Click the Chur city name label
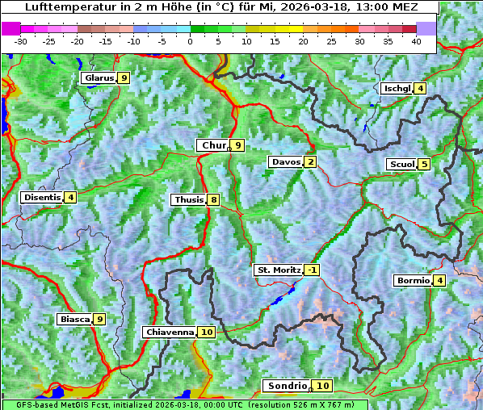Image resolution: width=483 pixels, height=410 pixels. tap(213, 145)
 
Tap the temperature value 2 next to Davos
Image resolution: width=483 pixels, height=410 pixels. tap(311, 162)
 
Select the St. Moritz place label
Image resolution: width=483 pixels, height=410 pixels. tap(279, 270)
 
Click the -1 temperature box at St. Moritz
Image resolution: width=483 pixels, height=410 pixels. tap(312, 270)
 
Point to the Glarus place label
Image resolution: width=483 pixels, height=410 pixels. tap(99, 78)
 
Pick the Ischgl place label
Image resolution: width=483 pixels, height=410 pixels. tap(397, 88)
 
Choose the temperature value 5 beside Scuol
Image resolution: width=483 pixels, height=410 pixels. tap(424, 165)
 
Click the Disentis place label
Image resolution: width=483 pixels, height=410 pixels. tap(42, 197)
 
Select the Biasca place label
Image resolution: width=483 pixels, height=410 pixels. tap(74, 319)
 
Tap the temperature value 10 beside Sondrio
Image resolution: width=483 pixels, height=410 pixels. tap(322, 386)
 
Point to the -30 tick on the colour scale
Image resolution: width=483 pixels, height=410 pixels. tap(21, 41)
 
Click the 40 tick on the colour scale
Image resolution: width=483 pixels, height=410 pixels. tap(416, 41)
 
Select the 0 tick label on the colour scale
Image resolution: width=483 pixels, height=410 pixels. tap(191, 41)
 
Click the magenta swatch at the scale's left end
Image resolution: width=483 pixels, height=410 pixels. tap(10, 28)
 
